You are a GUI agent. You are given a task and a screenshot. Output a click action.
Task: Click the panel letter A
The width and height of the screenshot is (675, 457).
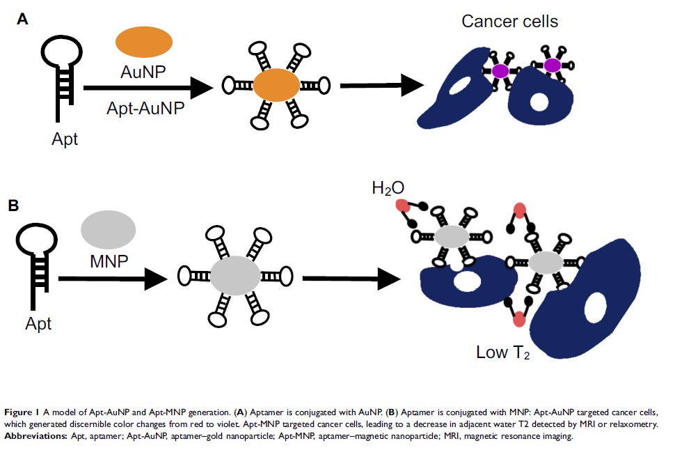tap(22, 20)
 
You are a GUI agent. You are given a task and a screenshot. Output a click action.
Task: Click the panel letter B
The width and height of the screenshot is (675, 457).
tap(13, 206)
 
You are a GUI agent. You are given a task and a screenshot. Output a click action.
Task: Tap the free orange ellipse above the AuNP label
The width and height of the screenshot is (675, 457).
tap(143, 41)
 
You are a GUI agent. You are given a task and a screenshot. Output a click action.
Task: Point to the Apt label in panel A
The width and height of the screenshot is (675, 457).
tap(65, 139)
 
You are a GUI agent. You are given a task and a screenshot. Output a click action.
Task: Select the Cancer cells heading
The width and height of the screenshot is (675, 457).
tap(509, 21)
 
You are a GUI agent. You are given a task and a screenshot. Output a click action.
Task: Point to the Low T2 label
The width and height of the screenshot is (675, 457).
tap(502, 353)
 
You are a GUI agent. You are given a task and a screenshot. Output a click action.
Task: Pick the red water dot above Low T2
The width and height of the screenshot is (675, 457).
tap(518, 320)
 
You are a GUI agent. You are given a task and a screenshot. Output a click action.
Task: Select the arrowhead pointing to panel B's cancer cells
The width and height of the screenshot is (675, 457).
tap(392, 278)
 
